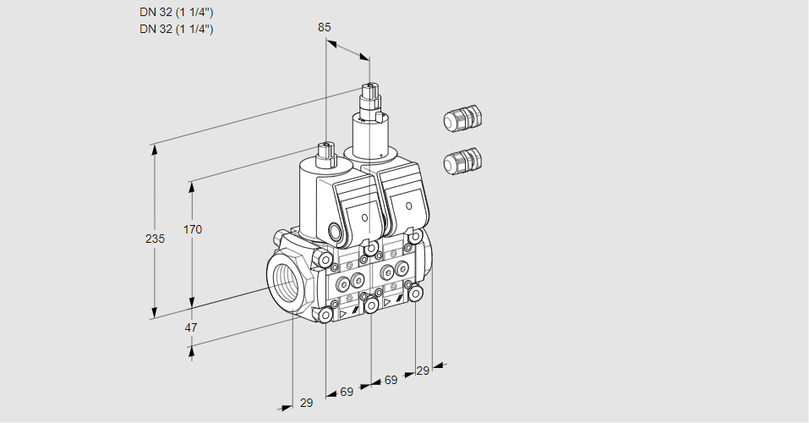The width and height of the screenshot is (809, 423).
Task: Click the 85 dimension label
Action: pos(325,27)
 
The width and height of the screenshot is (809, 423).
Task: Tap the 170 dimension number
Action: pos(193,229)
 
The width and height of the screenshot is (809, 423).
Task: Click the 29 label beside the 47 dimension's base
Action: pos(306,403)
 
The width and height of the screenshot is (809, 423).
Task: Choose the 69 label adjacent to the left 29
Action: pos(347,393)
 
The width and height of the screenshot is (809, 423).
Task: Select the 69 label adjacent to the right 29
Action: pos(391,381)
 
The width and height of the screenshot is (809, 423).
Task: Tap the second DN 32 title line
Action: pos(176,29)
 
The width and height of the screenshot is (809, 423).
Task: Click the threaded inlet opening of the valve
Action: pos(283,283)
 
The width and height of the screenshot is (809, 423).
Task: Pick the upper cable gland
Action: pos(462,118)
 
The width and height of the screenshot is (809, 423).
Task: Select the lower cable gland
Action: pos(462,161)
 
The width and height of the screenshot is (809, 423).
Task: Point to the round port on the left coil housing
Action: pos(334,231)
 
